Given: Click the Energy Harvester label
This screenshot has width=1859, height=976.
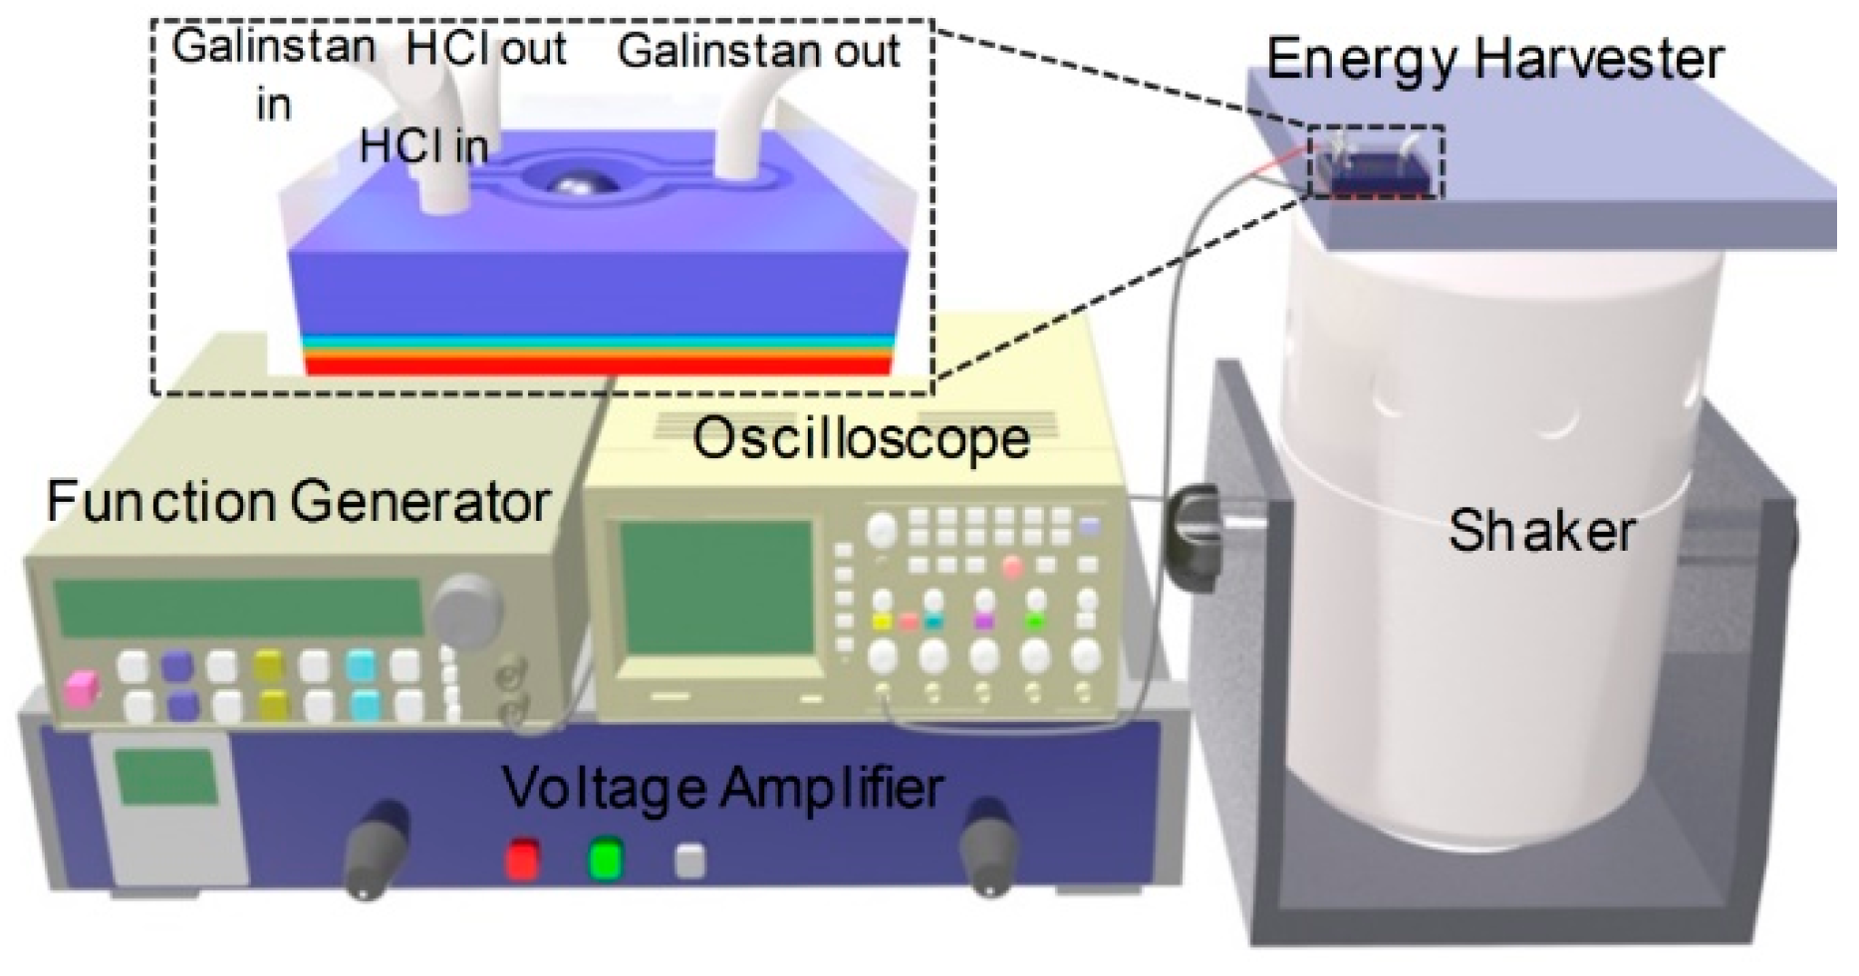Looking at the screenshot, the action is [1494, 60].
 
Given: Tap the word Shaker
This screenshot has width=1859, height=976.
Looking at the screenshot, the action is [1540, 531].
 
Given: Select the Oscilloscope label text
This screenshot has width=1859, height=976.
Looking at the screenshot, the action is [861, 439].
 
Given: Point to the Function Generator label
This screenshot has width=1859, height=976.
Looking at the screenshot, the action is [298, 502].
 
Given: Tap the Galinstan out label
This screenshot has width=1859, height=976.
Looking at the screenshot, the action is [759, 51].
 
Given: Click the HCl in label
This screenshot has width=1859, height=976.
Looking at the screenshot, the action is [424, 147].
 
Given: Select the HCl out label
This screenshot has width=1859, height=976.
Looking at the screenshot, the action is [486, 48].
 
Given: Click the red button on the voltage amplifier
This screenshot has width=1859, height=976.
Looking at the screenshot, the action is [522, 858].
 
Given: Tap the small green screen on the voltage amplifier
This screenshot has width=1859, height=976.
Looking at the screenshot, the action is [165, 777].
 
